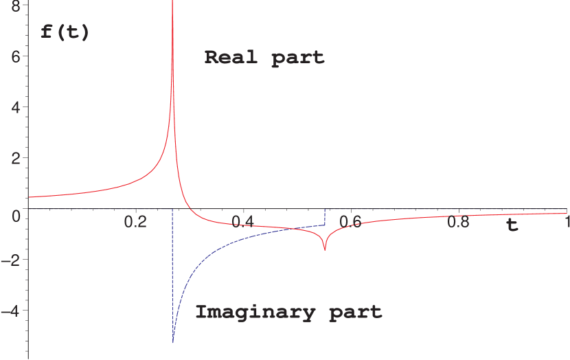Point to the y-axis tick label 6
tap(15, 56)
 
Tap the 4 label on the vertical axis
tap(15, 106)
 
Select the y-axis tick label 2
tap(15, 158)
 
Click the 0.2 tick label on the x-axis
tap(136, 222)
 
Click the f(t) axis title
tap(65, 32)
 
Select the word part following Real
tap(297, 57)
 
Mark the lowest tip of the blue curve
tap(173, 342)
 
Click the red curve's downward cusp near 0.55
tap(324, 250)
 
